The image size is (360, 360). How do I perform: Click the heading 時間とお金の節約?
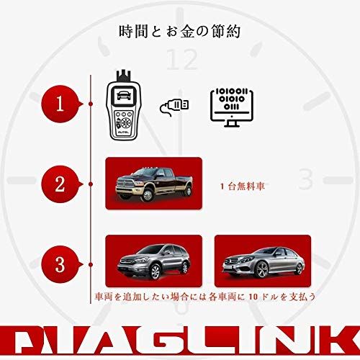[180, 32]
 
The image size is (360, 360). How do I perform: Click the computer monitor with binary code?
[232, 104]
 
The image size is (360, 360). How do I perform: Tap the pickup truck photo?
[152, 184]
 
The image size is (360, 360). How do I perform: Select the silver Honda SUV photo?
[150, 259]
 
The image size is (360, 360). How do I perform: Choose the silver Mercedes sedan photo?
[263, 259]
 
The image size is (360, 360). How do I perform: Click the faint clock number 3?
[305, 179]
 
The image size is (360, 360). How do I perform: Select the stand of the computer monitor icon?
[232, 124]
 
